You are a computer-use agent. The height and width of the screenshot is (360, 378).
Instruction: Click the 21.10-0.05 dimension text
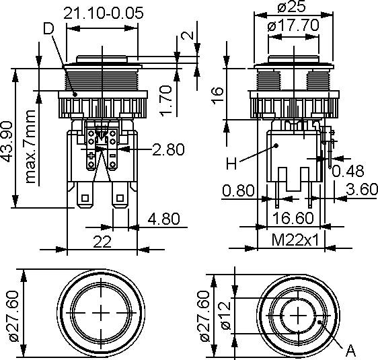pyautogui.click(x=104, y=13)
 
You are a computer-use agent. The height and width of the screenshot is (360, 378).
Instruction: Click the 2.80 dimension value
pyautogui.click(x=167, y=149)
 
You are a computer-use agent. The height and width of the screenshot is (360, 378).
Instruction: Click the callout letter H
pyautogui.click(x=230, y=162)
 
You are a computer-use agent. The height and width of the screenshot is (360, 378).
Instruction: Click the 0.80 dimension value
pyautogui.click(x=237, y=190)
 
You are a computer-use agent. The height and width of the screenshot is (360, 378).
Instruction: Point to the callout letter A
pyautogui.click(x=350, y=351)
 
